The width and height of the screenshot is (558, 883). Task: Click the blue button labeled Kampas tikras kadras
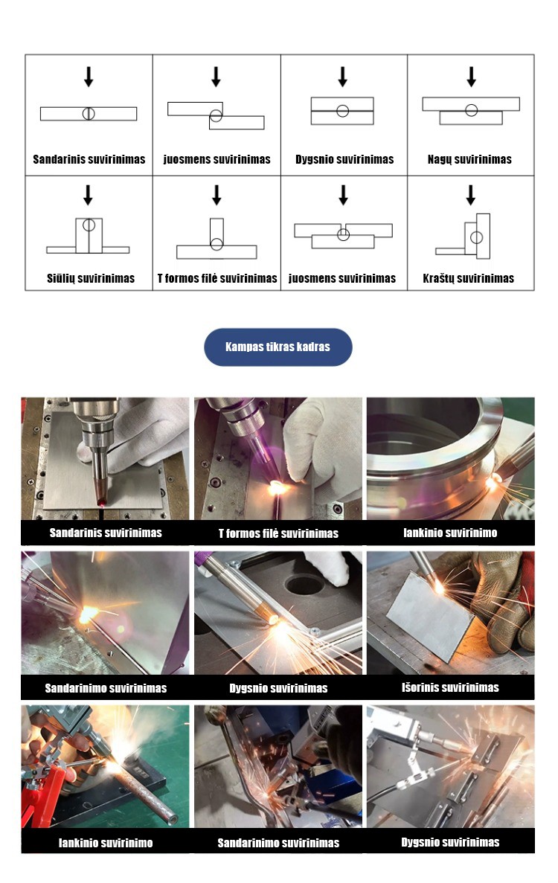(278, 347)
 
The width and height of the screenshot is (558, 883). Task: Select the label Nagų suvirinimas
(469, 159)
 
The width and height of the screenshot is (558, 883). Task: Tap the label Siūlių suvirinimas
(91, 278)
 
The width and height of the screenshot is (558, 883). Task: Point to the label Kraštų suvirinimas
(469, 278)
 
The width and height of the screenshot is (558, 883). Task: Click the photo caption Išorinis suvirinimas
(450, 687)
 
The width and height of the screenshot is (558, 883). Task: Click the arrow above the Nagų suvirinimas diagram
(471, 77)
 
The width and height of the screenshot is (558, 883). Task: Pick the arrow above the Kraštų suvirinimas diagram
(471, 195)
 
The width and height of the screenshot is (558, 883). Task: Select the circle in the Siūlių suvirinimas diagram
(89, 225)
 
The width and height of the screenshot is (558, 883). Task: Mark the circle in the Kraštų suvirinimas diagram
(477, 237)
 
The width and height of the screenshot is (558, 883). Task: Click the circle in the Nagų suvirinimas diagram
(472, 110)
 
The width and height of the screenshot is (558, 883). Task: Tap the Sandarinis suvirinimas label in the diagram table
(89, 159)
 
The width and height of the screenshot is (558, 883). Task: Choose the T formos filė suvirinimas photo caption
(278, 533)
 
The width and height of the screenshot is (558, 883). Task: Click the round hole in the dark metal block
(304, 584)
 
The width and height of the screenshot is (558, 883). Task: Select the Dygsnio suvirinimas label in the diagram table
(344, 159)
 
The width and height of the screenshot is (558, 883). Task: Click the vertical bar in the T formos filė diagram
(217, 233)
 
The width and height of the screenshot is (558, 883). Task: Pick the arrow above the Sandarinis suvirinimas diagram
(89, 77)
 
